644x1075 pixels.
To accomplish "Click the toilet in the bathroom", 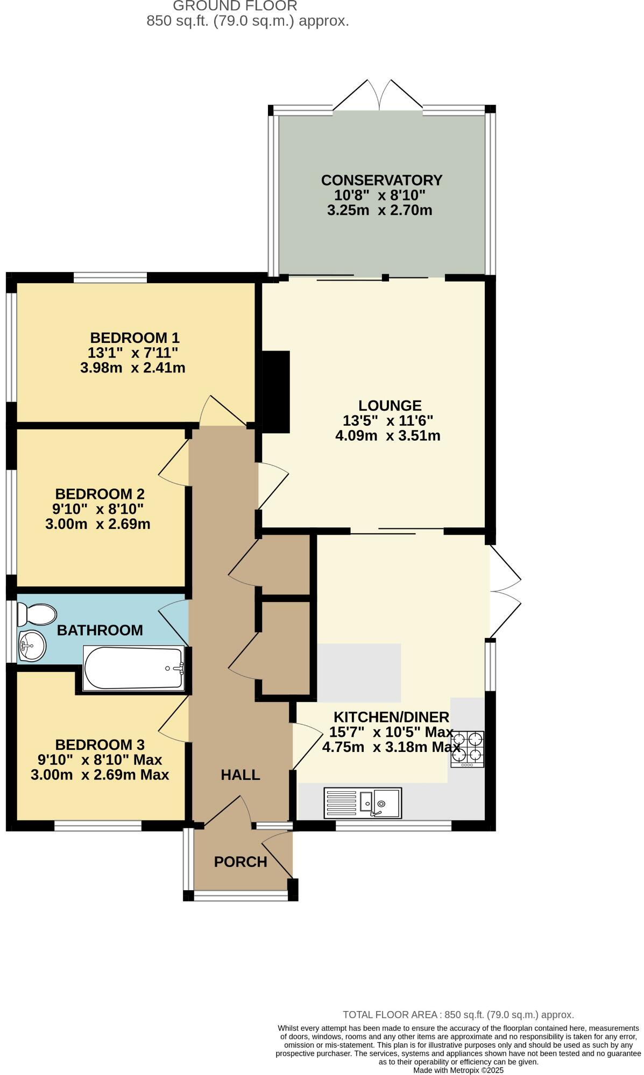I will (x=37, y=614).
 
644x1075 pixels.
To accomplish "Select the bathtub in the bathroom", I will (x=133, y=668).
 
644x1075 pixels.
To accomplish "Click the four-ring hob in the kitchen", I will (x=467, y=748).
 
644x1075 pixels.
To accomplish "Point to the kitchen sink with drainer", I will (x=363, y=803).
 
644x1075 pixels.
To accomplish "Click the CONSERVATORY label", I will (x=381, y=180).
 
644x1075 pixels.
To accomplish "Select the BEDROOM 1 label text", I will (x=135, y=338).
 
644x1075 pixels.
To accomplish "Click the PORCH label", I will (x=240, y=862).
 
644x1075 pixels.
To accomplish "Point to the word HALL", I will (x=240, y=775).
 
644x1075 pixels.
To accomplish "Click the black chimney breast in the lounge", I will (x=276, y=391).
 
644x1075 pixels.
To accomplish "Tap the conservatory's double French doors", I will (x=378, y=97).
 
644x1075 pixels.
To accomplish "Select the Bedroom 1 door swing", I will (x=221, y=412).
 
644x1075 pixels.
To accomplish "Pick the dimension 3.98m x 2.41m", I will (x=132, y=368).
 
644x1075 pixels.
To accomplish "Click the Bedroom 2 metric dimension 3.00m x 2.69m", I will (x=97, y=524).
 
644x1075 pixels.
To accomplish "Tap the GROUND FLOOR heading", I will (x=235, y=6).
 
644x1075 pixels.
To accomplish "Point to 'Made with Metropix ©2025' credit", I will (x=458, y=1070).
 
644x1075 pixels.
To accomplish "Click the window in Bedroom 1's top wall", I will (x=110, y=278).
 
